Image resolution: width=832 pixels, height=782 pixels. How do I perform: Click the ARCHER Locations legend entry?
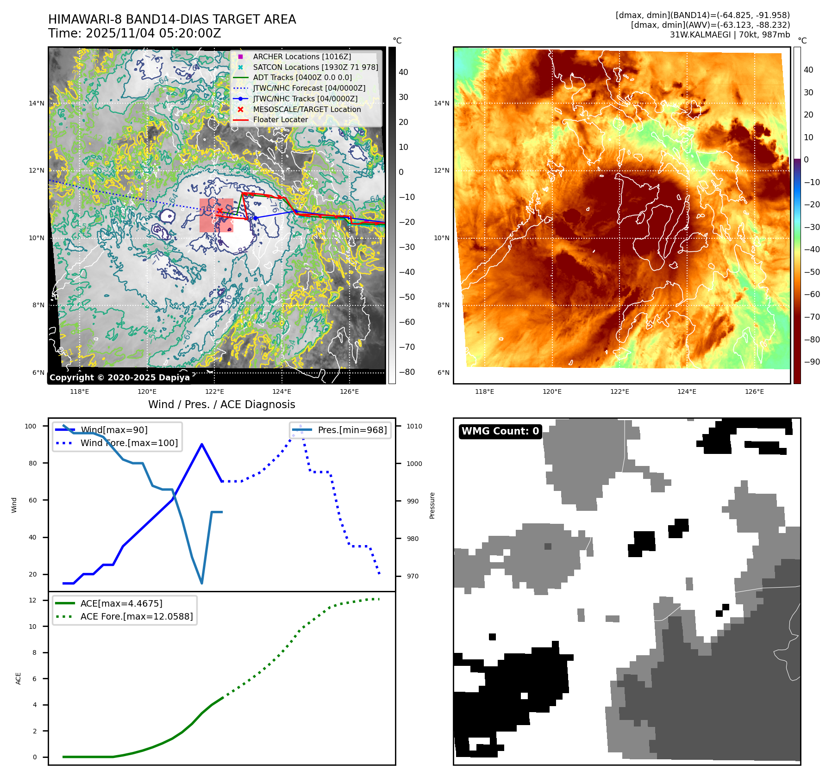[x=302, y=56]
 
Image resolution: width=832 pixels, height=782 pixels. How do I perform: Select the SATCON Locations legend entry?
[x=315, y=67]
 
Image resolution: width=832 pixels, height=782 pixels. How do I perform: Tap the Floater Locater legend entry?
[x=280, y=119]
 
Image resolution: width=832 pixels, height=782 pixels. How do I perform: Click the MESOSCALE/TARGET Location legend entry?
[x=307, y=109]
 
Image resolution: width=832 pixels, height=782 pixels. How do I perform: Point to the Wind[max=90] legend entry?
[x=114, y=430]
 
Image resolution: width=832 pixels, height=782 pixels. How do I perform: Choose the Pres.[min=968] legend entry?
[x=352, y=430]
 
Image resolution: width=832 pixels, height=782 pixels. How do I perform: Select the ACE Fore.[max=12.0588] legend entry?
[x=136, y=616]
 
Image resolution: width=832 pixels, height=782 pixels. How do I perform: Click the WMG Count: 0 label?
[x=500, y=431]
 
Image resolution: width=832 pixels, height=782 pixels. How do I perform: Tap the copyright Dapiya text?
[x=119, y=378]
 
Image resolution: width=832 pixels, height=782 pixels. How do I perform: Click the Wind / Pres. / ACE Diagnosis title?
[x=221, y=404]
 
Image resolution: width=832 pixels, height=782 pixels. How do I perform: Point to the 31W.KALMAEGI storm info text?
[x=730, y=35]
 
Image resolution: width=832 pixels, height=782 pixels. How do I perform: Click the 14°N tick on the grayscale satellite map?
[x=37, y=103]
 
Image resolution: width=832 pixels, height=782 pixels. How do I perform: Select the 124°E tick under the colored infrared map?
[x=687, y=391]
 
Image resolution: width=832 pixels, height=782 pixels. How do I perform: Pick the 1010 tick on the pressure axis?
[x=414, y=426]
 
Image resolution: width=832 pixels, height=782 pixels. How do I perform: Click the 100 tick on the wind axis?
[x=31, y=426]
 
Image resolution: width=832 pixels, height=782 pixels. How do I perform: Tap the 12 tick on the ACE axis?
[x=32, y=600]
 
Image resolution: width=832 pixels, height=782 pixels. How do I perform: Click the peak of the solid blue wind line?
[x=202, y=444]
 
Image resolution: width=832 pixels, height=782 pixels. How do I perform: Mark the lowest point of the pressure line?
[x=202, y=583]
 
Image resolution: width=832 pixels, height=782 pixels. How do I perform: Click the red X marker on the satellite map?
[x=220, y=211]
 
